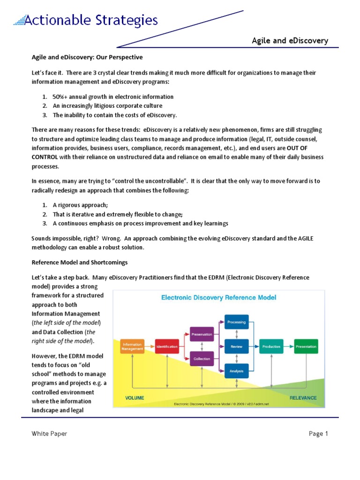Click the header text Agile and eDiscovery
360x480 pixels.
290,41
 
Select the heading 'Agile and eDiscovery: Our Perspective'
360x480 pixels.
87,57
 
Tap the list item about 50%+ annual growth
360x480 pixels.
113,97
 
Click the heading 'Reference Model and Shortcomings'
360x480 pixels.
79,262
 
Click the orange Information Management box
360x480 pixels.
133,347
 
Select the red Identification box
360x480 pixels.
166,347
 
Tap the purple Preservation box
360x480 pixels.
201,334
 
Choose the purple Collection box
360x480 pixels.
201,359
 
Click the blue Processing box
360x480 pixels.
236,322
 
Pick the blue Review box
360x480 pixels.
236,347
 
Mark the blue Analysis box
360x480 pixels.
236,371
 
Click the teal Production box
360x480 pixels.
271,347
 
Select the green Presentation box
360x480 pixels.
306,347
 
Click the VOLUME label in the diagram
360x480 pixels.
135,398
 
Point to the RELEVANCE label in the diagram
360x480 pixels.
303,398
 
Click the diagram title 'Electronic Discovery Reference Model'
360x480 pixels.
219,297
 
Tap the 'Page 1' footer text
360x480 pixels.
318,434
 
